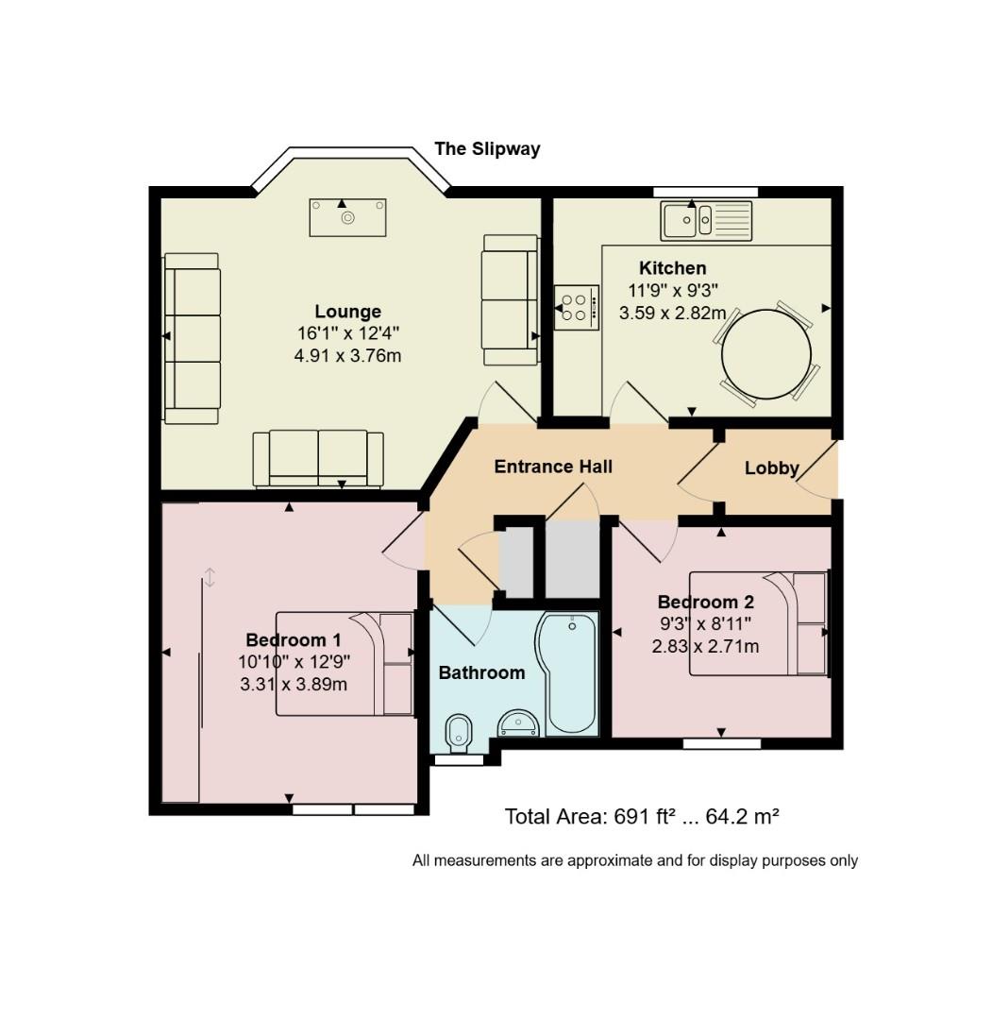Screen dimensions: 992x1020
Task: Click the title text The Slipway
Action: click(x=487, y=149)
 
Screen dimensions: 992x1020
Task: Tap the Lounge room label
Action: click(x=347, y=312)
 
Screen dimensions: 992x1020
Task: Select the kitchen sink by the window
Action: click(x=706, y=220)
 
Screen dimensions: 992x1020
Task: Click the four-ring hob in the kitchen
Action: click(x=577, y=307)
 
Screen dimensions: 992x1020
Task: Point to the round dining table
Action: click(x=766, y=354)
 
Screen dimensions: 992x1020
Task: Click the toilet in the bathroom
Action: click(x=460, y=735)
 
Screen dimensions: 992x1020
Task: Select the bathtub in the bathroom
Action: click(x=566, y=673)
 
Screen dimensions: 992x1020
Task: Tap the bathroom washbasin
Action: click(x=518, y=724)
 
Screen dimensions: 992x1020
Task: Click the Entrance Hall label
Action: click(x=553, y=467)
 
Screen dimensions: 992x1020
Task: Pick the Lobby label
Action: click(x=772, y=468)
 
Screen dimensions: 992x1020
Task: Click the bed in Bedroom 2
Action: click(x=759, y=623)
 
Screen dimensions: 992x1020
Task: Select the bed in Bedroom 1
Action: click(x=345, y=664)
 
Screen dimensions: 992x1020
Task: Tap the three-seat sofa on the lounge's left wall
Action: click(x=192, y=338)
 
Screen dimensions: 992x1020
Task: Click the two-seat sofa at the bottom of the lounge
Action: click(x=318, y=458)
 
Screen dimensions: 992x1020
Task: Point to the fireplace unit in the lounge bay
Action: click(x=347, y=217)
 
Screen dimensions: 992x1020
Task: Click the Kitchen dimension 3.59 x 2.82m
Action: click(x=672, y=313)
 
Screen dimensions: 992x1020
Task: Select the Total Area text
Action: click(x=642, y=816)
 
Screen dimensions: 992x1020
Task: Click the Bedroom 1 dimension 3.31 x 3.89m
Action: click(x=294, y=685)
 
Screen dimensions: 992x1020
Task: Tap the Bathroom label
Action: click(x=481, y=672)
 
